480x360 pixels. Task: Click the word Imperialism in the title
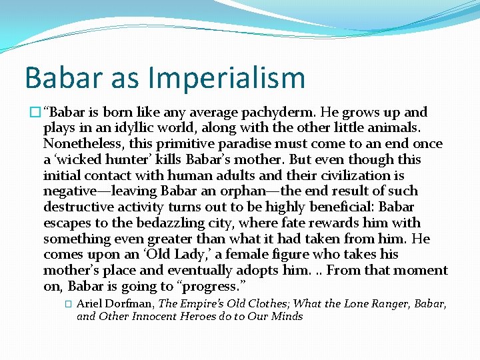tap(227, 78)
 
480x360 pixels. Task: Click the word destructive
tap(77, 207)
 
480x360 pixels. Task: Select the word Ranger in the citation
tap(377, 303)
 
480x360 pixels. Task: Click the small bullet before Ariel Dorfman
tap(68, 303)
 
